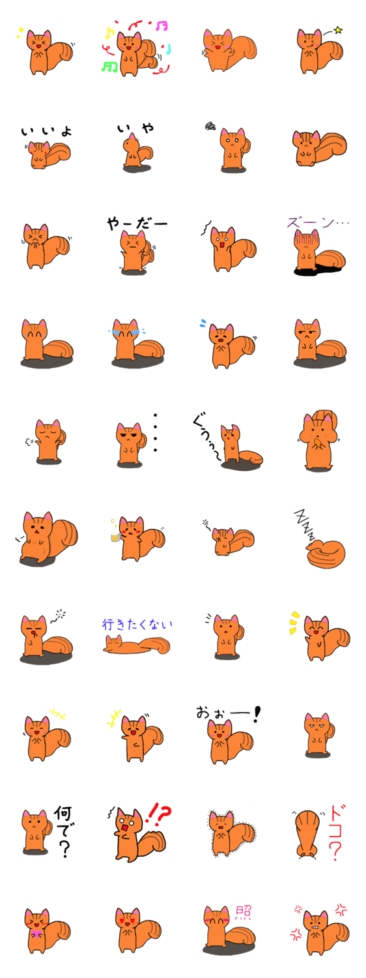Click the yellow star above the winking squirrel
tap(339, 30)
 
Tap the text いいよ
tap(47, 131)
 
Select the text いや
tap(135, 128)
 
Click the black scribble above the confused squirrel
tap(210, 126)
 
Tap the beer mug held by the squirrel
tap(115, 538)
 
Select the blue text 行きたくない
tap(137, 625)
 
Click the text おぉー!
tap(228, 714)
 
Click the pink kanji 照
tap(243, 913)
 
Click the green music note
tap(110, 66)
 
